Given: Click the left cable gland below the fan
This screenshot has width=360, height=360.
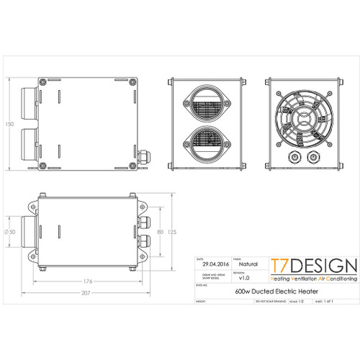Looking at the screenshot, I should click(292, 157).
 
